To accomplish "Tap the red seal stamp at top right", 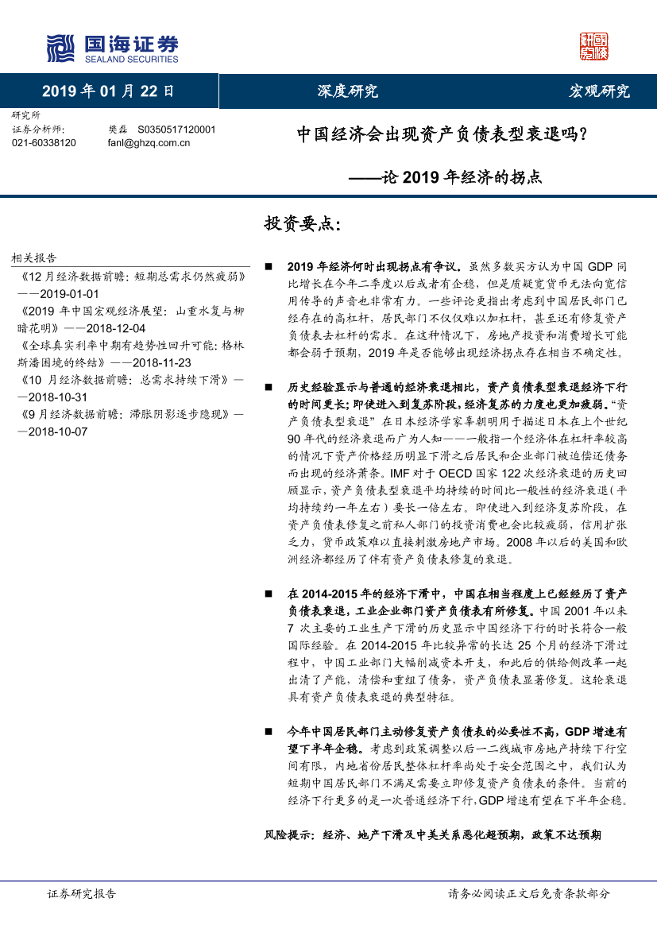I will (593, 47).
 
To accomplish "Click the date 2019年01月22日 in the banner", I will (108, 91).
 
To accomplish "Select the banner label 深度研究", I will (353, 91).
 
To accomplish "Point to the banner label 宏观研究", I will (600, 91).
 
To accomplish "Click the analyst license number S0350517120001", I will (176, 129).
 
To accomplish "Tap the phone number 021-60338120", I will (44, 142).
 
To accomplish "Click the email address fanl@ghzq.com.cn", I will (149, 142).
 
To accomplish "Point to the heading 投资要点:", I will (302, 224).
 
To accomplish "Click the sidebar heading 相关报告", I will (34, 258).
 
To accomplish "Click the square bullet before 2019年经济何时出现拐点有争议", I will (269, 268).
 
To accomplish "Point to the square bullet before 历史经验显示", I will (269, 388).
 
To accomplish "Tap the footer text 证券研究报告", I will (82, 894).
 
